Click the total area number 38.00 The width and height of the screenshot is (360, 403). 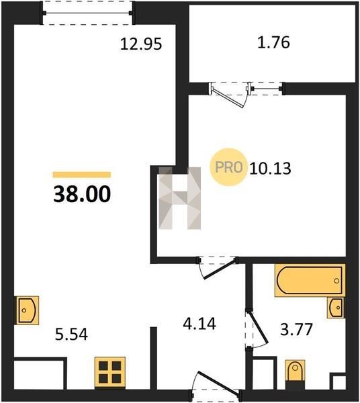[x=82, y=194]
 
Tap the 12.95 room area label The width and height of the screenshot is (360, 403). [x=141, y=44]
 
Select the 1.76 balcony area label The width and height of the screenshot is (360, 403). [x=273, y=42]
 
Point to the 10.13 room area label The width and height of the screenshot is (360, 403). [x=270, y=169]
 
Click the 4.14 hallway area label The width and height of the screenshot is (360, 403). [x=199, y=324]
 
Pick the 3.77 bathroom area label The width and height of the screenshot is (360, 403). [x=296, y=329]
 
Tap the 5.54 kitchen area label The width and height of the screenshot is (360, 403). [x=71, y=334]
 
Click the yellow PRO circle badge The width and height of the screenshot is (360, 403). [x=228, y=167]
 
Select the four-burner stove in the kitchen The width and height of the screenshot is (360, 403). [x=110, y=372]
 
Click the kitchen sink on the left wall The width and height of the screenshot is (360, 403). [x=27, y=310]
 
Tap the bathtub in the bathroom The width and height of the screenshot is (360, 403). [x=310, y=280]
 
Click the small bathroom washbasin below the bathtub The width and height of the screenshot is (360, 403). [x=336, y=308]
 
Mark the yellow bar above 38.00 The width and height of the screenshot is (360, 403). [x=82, y=175]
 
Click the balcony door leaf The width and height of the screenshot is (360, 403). [x=228, y=97]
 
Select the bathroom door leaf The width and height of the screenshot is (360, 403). [x=258, y=327]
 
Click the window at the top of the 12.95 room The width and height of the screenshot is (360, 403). [x=87, y=13]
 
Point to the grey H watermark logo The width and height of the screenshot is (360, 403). [x=180, y=198]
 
